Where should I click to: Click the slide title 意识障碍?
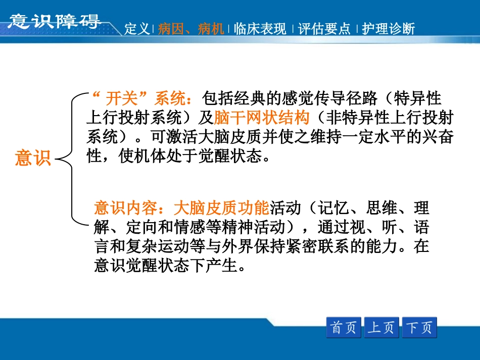coord(55,21)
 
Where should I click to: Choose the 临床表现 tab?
coord(260,29)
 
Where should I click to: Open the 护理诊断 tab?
coord(389,29)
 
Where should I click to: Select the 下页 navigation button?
coord(419,328)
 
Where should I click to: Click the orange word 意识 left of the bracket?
coord(33,159)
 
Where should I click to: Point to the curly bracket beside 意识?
coord(71,159)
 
